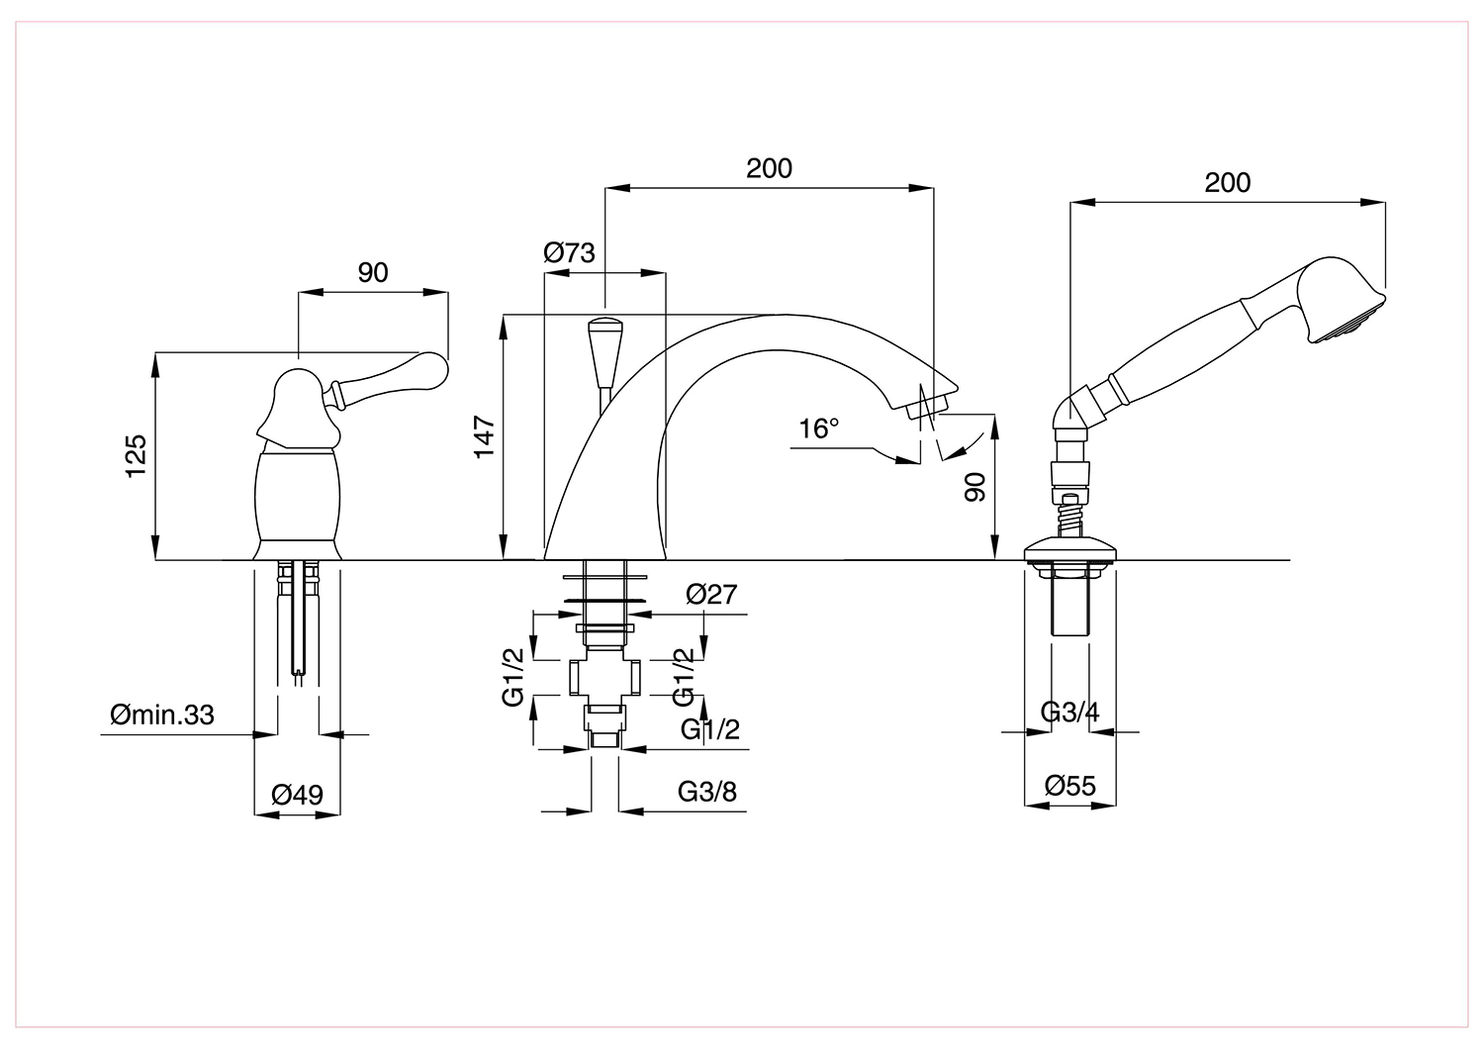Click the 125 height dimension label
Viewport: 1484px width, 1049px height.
pos(136,456)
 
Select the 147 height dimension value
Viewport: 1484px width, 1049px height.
pos(485,435)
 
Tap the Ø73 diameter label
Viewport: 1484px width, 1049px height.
pos(569,252)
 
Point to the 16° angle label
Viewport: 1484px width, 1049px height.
pos(818,429)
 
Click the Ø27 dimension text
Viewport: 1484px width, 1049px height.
pos(711,595)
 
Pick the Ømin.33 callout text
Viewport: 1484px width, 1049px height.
pos(162,715)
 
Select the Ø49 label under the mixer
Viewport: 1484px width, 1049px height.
pos(298,795)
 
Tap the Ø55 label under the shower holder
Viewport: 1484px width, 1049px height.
pos(1069,786)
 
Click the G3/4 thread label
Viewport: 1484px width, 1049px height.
pos(1069,713)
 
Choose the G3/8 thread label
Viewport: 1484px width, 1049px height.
pos(707,792)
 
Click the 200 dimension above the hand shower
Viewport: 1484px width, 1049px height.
pos(1227,183)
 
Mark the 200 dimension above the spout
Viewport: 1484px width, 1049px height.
pos(769,168)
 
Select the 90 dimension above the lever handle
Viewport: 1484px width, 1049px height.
pos(373,272)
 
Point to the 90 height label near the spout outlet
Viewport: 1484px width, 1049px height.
pos(975,487)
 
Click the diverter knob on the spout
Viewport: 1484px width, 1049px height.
pos(604,351)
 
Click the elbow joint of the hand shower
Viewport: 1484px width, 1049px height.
pos(1073,411)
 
